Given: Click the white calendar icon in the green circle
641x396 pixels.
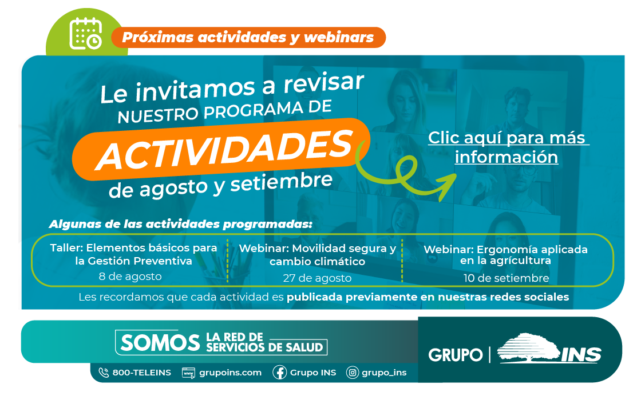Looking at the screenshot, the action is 85,34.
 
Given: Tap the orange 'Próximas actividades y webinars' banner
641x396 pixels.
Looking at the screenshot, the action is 248,38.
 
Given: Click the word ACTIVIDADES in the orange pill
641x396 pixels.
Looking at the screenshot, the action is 224,149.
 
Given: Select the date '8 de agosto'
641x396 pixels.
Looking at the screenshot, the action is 130,277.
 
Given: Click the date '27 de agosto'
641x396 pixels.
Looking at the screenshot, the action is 317,278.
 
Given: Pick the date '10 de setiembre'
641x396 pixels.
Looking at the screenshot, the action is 506,278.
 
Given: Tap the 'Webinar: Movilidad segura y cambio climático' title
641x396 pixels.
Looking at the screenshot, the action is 317,255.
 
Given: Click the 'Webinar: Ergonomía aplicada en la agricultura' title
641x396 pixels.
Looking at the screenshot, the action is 506,255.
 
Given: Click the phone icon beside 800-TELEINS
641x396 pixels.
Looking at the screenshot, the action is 104,373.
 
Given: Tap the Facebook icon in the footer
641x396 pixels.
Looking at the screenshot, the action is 280,373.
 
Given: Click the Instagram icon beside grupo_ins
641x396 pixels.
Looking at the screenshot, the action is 353,373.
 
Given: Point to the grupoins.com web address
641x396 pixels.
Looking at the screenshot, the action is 230,373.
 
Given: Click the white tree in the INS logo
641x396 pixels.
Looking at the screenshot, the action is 529,348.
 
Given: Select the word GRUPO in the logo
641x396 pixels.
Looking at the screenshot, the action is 456,355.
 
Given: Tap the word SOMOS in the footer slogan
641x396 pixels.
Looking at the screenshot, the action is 160,342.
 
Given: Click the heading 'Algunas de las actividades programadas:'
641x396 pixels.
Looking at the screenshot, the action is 181,224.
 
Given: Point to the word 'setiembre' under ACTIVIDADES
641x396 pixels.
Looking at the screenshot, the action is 281,182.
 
